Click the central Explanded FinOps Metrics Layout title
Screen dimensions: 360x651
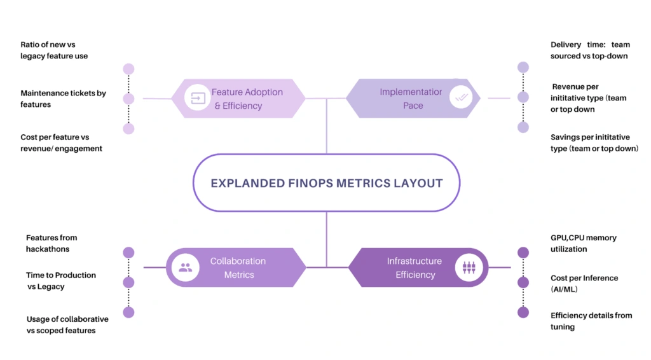coord(326,183)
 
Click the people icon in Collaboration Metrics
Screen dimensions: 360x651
coord(186,268)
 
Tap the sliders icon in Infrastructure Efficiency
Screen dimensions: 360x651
coord(469,268)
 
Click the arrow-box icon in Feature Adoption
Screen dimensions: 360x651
coord(197,99)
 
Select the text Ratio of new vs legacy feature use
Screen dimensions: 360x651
coord(53,50)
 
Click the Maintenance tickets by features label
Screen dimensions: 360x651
coord(63,99)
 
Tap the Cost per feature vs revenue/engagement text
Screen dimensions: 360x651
coord(61,143)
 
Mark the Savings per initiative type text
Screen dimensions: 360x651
coord(594,143)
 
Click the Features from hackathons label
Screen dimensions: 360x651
coord(51,243)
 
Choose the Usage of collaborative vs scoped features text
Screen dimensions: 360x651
coord(67,324)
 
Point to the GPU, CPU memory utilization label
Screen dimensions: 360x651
coord(583,243)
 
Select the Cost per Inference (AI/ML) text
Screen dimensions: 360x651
coord(584,283)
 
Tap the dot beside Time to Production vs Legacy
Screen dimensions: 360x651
coord(128,282)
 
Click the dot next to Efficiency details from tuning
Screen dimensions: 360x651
coord(523,312)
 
